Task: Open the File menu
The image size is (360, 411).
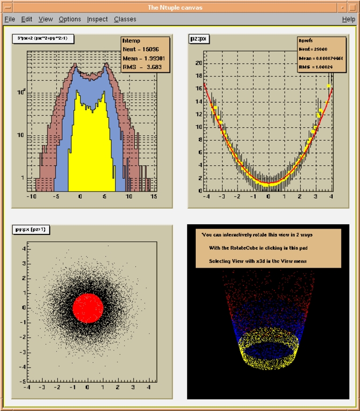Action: click(x=10, y=19)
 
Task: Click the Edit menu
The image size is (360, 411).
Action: click(x=27, y=19)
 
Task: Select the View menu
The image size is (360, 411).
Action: click(x=45, y=19)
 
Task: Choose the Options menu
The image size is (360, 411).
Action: click(x=70, y=19)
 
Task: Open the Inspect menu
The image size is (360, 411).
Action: click(x=97, y=19)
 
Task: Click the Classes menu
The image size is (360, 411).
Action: click(x=125, y=19)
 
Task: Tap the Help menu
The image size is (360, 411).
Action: click(x=348, y=19)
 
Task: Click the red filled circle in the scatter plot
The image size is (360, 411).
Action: click(x=87, y=307)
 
